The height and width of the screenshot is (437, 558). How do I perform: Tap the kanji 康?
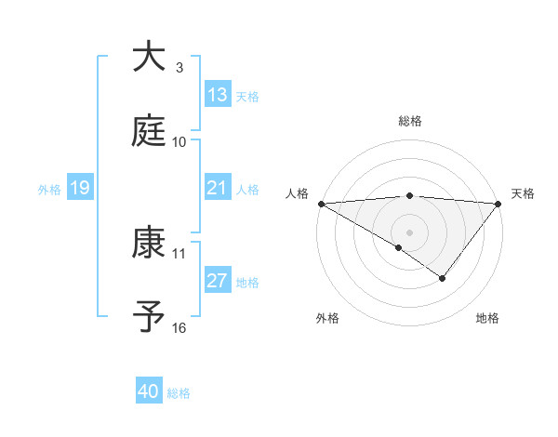pyautogui.click(x=151, y=244)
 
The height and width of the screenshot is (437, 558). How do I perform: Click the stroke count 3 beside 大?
pyautogui.click(x=179, y=67)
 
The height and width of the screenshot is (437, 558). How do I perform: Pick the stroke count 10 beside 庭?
pyautogui.click(x=179, y=141)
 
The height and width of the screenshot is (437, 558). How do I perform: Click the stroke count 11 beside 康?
pyautogui.click(x=179, y=253)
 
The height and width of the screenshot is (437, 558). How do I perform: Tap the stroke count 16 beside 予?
pyautogui.click(x=179, y=327)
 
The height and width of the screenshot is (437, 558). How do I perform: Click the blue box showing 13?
pyautogui.click(x=218, y=95)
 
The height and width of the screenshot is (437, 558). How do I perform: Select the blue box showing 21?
pyautogui.click(x=218, y=188)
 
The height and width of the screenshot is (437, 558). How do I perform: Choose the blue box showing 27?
pyautogui.click(x=218, y=281)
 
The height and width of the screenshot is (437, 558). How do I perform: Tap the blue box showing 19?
pyautogui.click(x=80, y=188)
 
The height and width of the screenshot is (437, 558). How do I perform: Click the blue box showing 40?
pyautogui.click(x=149, y=391)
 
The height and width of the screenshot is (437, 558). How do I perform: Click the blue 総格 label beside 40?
pyautogui.click(x=179, y=393)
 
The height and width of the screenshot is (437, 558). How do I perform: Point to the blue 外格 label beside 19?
pyautogui.click(x=49, y=189)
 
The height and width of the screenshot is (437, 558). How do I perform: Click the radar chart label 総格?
pyautogui.click(x=409, y=121)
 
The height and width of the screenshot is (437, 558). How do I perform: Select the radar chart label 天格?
pyautogui.click(x=524, y=193)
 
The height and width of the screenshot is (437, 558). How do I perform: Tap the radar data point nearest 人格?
pyautogui.click(x=321, y=203)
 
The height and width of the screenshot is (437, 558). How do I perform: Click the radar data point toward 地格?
pyautogui.click(x=443, y=277)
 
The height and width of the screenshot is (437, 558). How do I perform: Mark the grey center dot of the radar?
pyautogui.click(x=409, y=232)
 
